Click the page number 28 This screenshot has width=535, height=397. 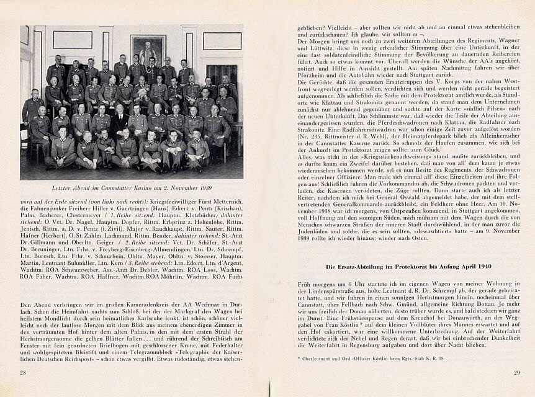22,372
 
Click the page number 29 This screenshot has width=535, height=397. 516,372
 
